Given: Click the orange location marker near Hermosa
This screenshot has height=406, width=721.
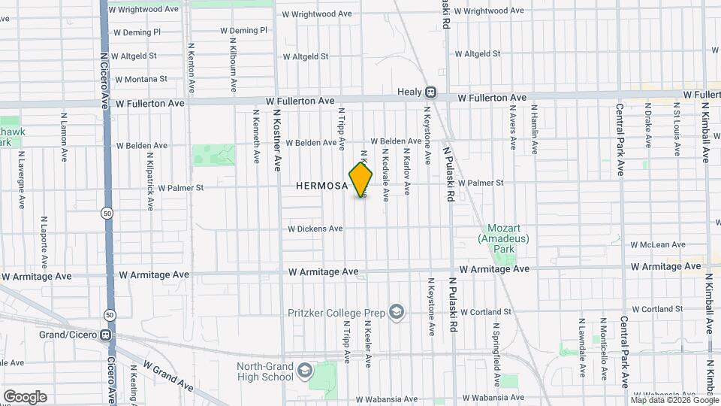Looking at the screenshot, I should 360,180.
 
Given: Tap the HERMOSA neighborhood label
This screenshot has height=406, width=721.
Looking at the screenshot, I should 321,185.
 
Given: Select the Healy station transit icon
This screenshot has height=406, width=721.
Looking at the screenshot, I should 431,93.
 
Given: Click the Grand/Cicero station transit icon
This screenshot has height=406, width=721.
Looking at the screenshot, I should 106,335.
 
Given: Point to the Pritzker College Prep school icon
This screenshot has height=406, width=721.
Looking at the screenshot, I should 397,312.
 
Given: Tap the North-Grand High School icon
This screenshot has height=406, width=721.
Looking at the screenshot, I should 304,371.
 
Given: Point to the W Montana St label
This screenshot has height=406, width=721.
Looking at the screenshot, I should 142,79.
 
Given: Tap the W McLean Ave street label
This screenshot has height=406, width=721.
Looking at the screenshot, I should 658,244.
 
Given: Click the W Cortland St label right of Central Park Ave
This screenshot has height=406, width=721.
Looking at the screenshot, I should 656,309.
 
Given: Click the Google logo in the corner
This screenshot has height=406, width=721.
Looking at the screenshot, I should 25,396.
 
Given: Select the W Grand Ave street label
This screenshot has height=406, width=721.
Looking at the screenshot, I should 167,377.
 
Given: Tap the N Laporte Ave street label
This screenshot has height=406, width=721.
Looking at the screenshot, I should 44,244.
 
